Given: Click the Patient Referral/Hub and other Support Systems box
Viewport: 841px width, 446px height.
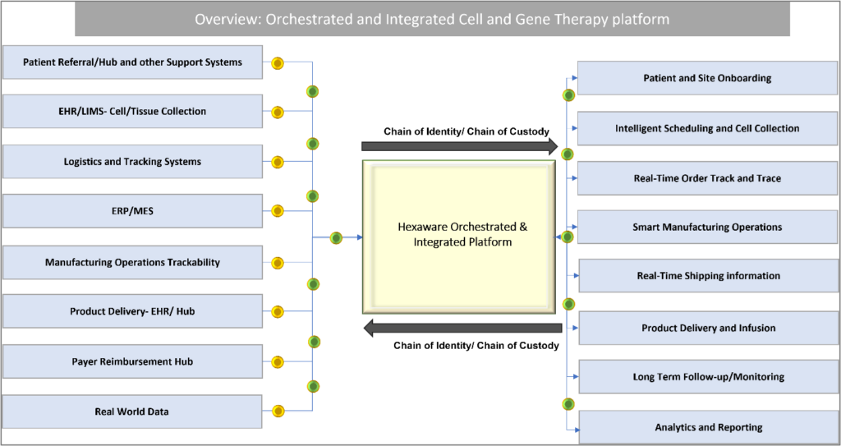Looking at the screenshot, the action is (x=132, y=62).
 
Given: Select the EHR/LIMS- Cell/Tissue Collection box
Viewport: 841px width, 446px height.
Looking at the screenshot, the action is (x=132, y=112).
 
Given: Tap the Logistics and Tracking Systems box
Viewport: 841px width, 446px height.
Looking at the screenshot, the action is (x=132, y=162).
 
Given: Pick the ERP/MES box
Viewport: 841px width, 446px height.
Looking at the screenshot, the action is (x=132, y=211).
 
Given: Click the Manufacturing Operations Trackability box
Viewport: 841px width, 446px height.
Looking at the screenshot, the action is (x=132, y=263).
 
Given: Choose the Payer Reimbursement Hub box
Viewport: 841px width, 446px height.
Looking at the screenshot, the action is (x=132, y=361).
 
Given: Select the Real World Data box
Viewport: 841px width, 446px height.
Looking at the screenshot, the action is (x=132, y=412).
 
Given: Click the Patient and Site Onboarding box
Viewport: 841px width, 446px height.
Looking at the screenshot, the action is (x=707, y=78).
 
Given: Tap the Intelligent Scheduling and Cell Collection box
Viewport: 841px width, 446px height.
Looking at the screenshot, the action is (x=707, y=129).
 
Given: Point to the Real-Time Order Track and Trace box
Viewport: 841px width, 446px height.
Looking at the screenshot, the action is (x=707, y=178).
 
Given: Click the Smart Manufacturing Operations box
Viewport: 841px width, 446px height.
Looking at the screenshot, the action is (x=707, y=227).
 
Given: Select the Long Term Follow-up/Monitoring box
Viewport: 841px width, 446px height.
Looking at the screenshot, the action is (x=709, y=377).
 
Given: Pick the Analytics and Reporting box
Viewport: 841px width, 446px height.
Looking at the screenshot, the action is (x=709, y=427).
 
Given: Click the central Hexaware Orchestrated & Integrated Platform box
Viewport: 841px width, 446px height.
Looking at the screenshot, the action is (x=459, y=237).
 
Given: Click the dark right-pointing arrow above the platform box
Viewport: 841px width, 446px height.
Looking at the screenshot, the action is (x=460, y=146).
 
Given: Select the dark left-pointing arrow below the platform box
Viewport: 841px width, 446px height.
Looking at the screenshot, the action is (x=462, y=328).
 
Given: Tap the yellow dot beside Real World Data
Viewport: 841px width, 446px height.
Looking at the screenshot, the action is (x=278, y=412).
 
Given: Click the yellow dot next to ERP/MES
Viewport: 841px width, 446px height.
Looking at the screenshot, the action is (x=278, y=211).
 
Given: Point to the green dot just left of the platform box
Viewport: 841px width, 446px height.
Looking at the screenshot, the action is (x=336, y=237).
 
